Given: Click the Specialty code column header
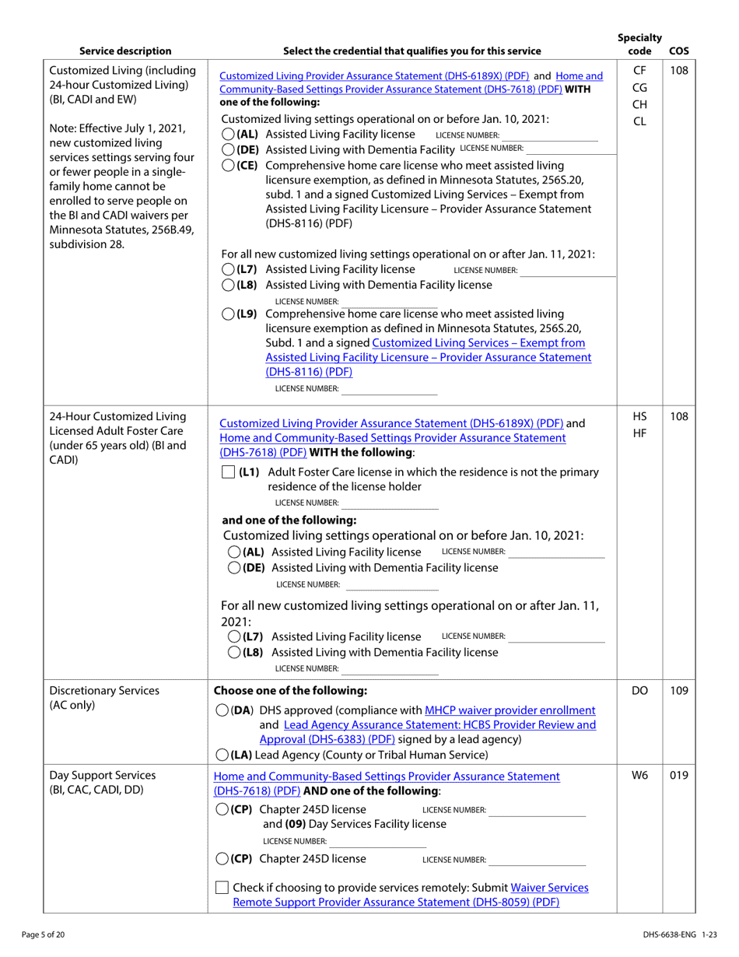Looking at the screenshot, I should tap(639, 44).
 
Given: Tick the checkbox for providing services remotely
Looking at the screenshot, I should tap(222, 888).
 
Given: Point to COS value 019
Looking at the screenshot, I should tap(678, 776).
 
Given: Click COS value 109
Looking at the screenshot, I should tap(678, 690).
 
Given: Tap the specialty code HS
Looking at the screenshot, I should tap(639, 417).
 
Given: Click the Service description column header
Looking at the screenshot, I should tap(125, 51).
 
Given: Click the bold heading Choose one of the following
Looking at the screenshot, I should tap(289, 690).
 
